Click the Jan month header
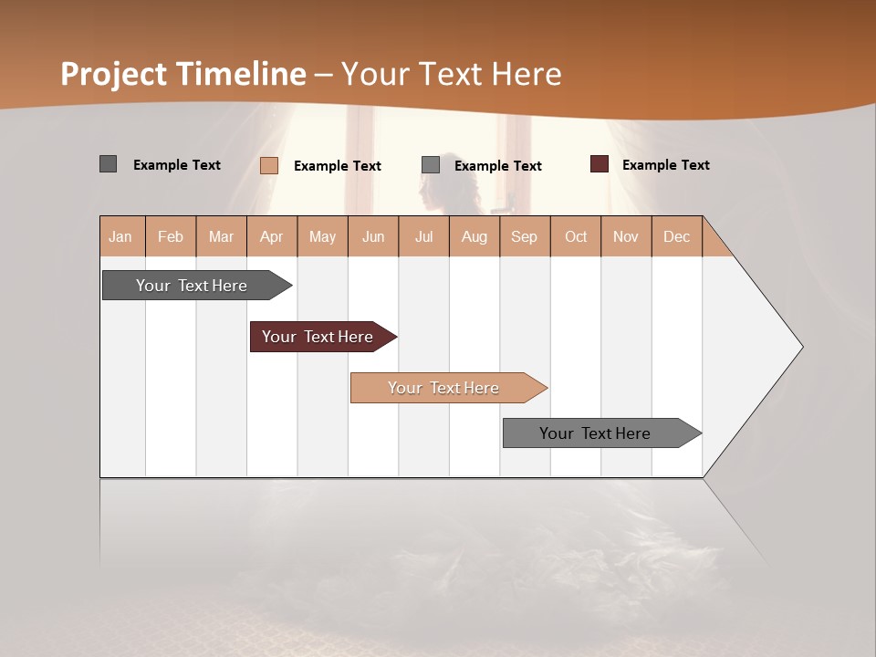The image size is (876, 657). pyautogui.click(x=121, y=236)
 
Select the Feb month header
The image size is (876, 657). pyautogui.click(x=171, y=236)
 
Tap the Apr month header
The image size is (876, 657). pyautogui.click(x=271, y=236)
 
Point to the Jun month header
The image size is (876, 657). pyautogui.click(x=373, y=236)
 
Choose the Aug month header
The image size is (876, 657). pyautogui.click(x=474, y=236)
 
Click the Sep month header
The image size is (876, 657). pyautogui.click(x=524, y=236)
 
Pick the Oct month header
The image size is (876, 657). pyautogui.click(x=576, y=236)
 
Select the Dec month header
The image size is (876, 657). pyautogui.click(x=676, y=236)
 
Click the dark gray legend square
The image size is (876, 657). pyautogui.click(x=108, y=164)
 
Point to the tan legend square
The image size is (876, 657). pyautogui.click(x=268, y=165)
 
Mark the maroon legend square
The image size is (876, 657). pyautogui.click(x=599, y=164)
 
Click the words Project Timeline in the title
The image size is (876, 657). pyautogui.click(x=182, y=74)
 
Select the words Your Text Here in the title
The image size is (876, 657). pyautogui.click(x=451, y=74)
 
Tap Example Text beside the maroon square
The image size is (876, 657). pyautogui.click(x=665, y=165)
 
